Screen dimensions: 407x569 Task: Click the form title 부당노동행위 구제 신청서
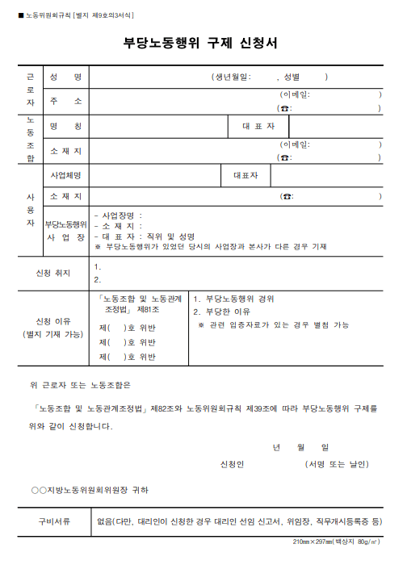203,43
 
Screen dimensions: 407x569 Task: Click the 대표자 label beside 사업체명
245,175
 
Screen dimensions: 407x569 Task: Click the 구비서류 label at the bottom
52,521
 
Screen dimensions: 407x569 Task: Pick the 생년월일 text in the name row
233,77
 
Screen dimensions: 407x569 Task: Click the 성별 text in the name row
292,77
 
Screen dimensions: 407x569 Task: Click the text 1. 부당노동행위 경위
234,299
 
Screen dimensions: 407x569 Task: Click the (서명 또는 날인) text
337,465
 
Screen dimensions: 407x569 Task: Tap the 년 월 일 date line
300,447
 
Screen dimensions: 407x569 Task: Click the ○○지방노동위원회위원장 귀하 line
89,490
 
